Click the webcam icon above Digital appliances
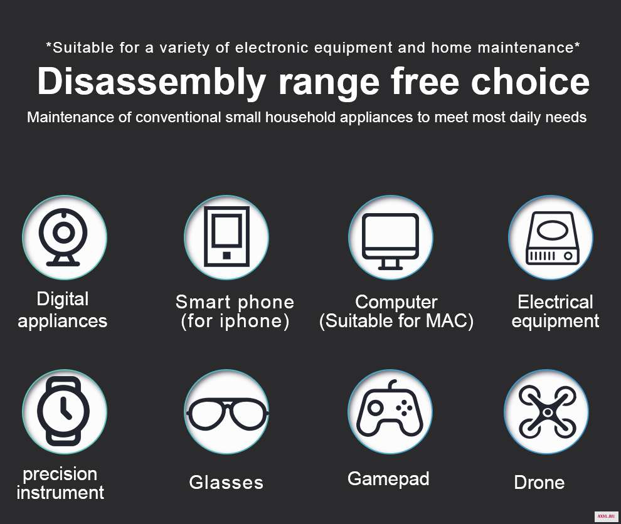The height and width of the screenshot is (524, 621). tap(63, 237)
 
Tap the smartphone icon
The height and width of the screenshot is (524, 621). tap(226, 237)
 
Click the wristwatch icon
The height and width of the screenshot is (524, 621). tap(63, 411)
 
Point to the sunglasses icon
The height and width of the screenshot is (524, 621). tap(227, 414)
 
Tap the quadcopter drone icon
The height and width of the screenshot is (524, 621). tap(548, 412)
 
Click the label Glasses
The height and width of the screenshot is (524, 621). tap(226, 483)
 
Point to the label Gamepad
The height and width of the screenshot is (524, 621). tap(388, 479)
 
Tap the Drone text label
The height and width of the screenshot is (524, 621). tap(539, 483)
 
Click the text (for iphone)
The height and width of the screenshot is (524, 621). tap(235, 321)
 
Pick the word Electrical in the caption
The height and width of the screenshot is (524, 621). tap(555, 302)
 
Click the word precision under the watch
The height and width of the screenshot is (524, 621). tap(60, 474)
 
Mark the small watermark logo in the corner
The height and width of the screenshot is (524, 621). tap(607, 516)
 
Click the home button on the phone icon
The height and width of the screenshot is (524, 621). tap(226, 256)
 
